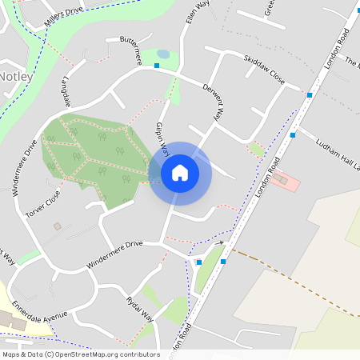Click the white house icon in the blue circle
coord(180,173)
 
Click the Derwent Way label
coord(211,102)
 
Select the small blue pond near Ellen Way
coord(163,54)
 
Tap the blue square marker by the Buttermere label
coord(158,66)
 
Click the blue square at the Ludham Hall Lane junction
coord(294,135)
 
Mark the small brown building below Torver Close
coord(57,226)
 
